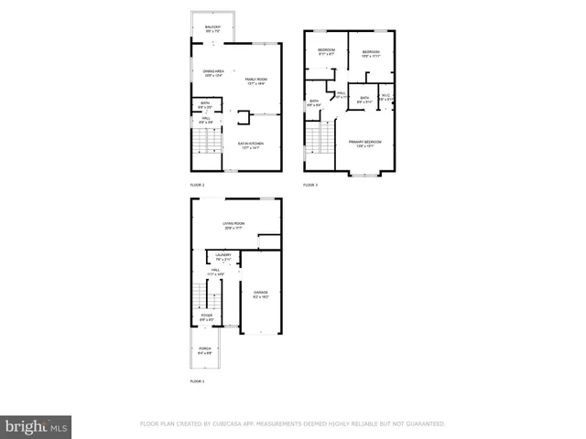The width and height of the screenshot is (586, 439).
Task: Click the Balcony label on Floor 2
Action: (212, 29)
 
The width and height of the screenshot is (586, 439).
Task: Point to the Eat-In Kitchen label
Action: (250, 145)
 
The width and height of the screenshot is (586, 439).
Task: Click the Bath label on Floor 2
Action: (206, 106)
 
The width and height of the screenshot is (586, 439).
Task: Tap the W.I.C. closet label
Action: (386, 99)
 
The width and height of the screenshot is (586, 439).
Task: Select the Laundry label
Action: (222, 257)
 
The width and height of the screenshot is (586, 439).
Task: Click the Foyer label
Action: (207, 317)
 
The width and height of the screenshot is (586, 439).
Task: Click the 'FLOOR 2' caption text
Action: (197, 185)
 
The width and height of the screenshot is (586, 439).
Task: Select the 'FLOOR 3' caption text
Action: (310, 185)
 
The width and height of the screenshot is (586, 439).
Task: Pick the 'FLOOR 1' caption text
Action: (197, 380)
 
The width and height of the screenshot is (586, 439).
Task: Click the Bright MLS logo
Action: (37, 425)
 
